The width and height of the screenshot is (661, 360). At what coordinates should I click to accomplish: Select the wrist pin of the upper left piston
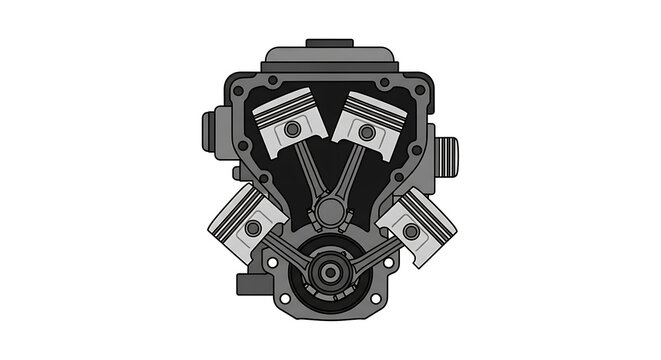[292, 130]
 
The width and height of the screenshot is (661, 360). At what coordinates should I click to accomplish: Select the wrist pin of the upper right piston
[367, 131]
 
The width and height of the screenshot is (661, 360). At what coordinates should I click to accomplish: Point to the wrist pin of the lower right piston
[410, 231]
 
